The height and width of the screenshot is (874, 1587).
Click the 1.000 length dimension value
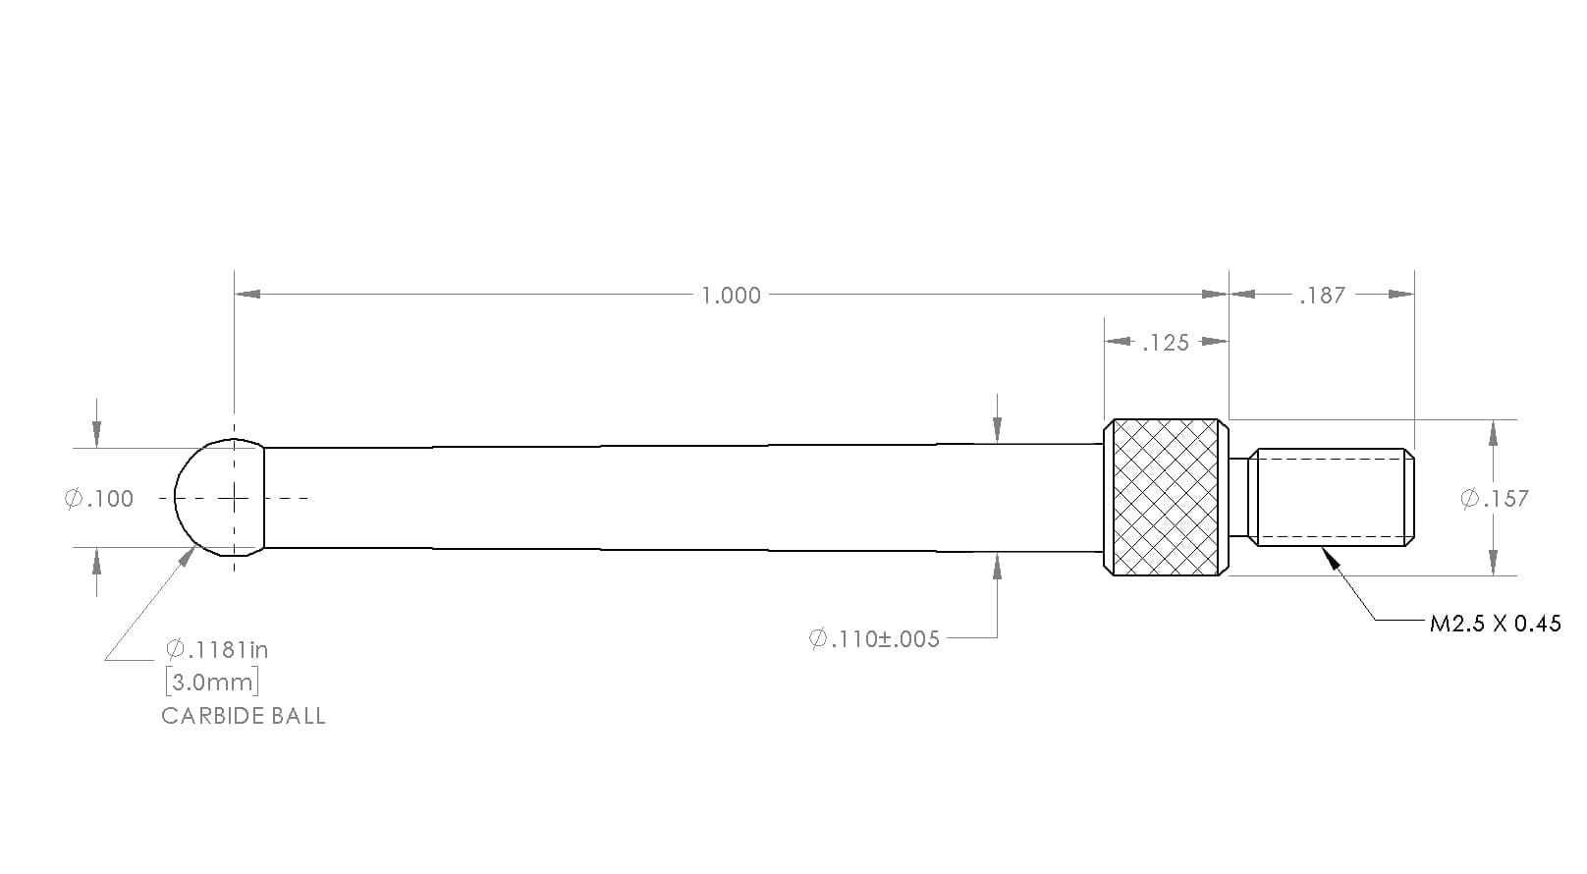(731, 296)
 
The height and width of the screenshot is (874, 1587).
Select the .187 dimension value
(1322, 296)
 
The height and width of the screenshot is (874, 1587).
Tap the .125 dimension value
(1166, 343)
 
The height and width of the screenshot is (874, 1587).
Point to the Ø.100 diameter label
(98, 499)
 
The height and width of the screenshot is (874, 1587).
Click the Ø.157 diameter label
(1494, 499)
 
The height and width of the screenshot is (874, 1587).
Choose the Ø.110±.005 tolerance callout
(874, 639)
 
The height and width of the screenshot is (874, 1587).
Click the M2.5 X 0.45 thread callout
(1495, 624)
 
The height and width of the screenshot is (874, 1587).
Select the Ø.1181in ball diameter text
(217, 649)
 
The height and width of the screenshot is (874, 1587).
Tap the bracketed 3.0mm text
(212, 683)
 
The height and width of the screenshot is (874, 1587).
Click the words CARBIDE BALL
(243, 716)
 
